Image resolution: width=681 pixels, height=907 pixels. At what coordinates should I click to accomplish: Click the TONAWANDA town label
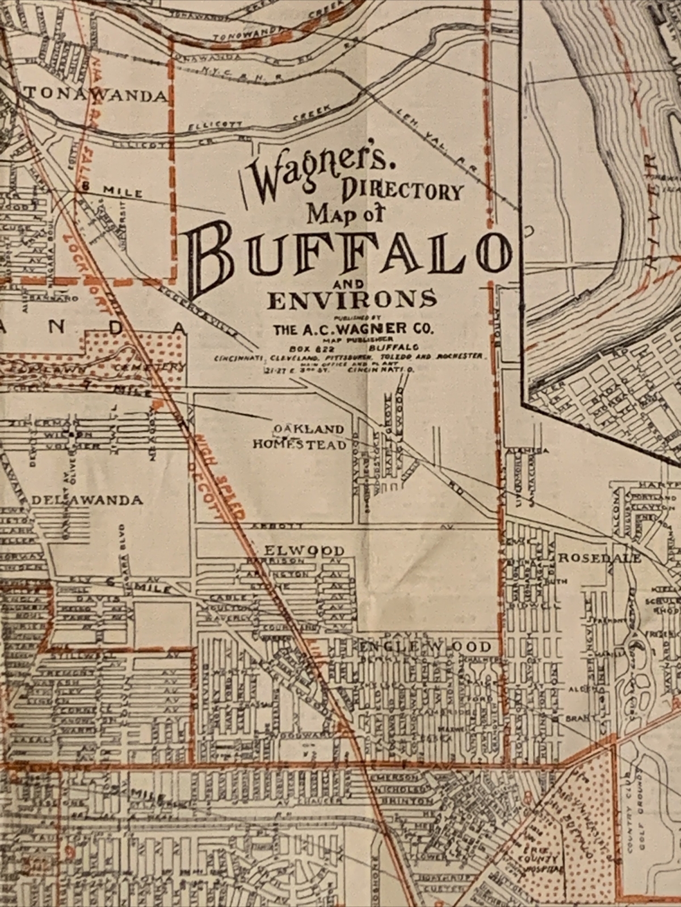coord(96,95)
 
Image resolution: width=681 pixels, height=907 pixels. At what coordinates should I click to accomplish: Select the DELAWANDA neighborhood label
coord(87,501)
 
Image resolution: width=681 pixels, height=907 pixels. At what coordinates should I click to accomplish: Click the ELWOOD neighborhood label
coord(305,550)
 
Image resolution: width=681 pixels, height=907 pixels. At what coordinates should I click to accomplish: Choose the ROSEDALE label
coord(599,558)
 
